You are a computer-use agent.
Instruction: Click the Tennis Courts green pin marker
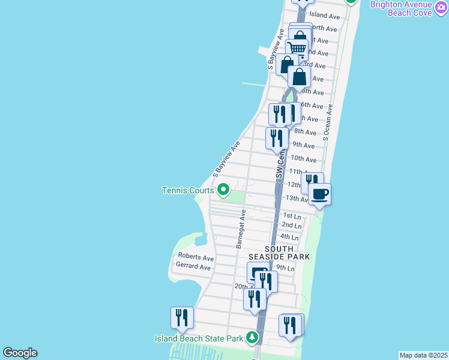223,190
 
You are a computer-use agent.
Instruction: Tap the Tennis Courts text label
188,191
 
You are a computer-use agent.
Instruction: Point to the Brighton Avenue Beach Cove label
409,8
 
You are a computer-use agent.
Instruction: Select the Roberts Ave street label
195,258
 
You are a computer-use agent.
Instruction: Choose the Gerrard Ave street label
193,267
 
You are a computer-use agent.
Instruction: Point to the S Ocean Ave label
328,123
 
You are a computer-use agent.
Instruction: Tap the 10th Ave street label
303,160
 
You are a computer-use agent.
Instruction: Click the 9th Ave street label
303,145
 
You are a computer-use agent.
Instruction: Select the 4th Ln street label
290,238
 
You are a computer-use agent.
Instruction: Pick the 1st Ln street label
291,216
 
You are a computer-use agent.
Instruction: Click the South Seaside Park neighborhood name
287,253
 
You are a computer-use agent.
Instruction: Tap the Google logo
20,353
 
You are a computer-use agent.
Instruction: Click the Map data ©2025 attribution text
423,355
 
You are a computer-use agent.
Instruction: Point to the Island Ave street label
324,15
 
